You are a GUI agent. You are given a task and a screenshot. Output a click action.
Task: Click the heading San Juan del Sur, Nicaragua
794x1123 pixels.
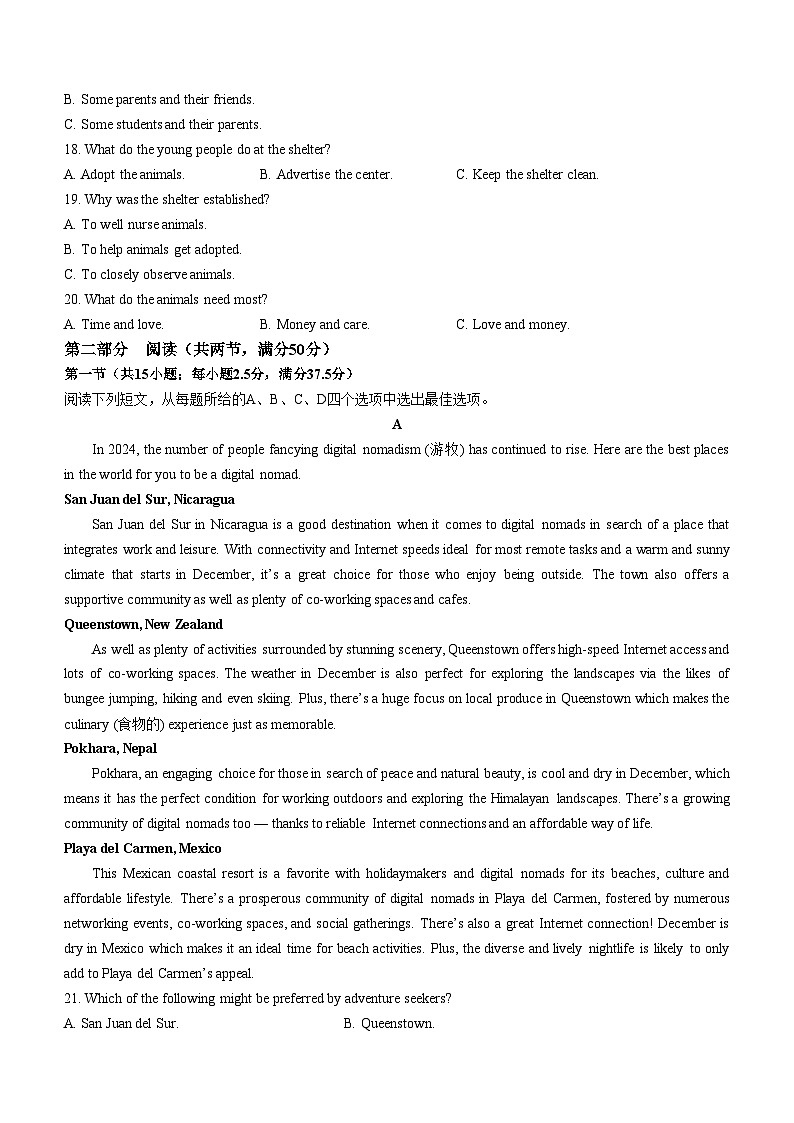[149, 499]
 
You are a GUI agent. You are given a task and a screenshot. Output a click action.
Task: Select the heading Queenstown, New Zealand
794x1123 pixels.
[143, 624]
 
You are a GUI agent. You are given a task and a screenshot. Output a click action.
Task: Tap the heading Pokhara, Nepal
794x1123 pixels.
[110, 748]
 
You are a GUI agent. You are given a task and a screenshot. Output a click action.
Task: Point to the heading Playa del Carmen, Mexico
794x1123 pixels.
[143, 848]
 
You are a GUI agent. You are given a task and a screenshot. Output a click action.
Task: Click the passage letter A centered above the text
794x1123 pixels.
[397, 424]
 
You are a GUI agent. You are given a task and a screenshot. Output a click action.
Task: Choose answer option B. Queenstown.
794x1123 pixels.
[389, 1023]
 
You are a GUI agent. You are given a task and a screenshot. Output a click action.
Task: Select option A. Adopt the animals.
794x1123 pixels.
[124, 174]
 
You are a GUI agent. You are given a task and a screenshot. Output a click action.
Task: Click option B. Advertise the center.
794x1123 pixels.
[325, 174]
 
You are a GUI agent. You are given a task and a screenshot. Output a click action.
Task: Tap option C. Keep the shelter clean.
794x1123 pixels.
[527, 174]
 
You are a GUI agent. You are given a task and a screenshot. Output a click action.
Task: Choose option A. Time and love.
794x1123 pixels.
[113, 324]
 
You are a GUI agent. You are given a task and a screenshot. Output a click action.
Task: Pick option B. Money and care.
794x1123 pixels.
[314, 324]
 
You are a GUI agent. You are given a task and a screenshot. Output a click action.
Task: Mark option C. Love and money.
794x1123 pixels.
[512, 324]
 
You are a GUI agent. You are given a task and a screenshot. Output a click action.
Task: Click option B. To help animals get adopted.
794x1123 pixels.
[152, 249]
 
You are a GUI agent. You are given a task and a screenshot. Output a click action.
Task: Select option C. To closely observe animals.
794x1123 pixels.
[149, 274]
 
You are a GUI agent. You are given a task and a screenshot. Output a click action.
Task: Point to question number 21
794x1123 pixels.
[71, 998]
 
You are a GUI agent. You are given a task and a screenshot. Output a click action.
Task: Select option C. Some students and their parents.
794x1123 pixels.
[162, 124]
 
